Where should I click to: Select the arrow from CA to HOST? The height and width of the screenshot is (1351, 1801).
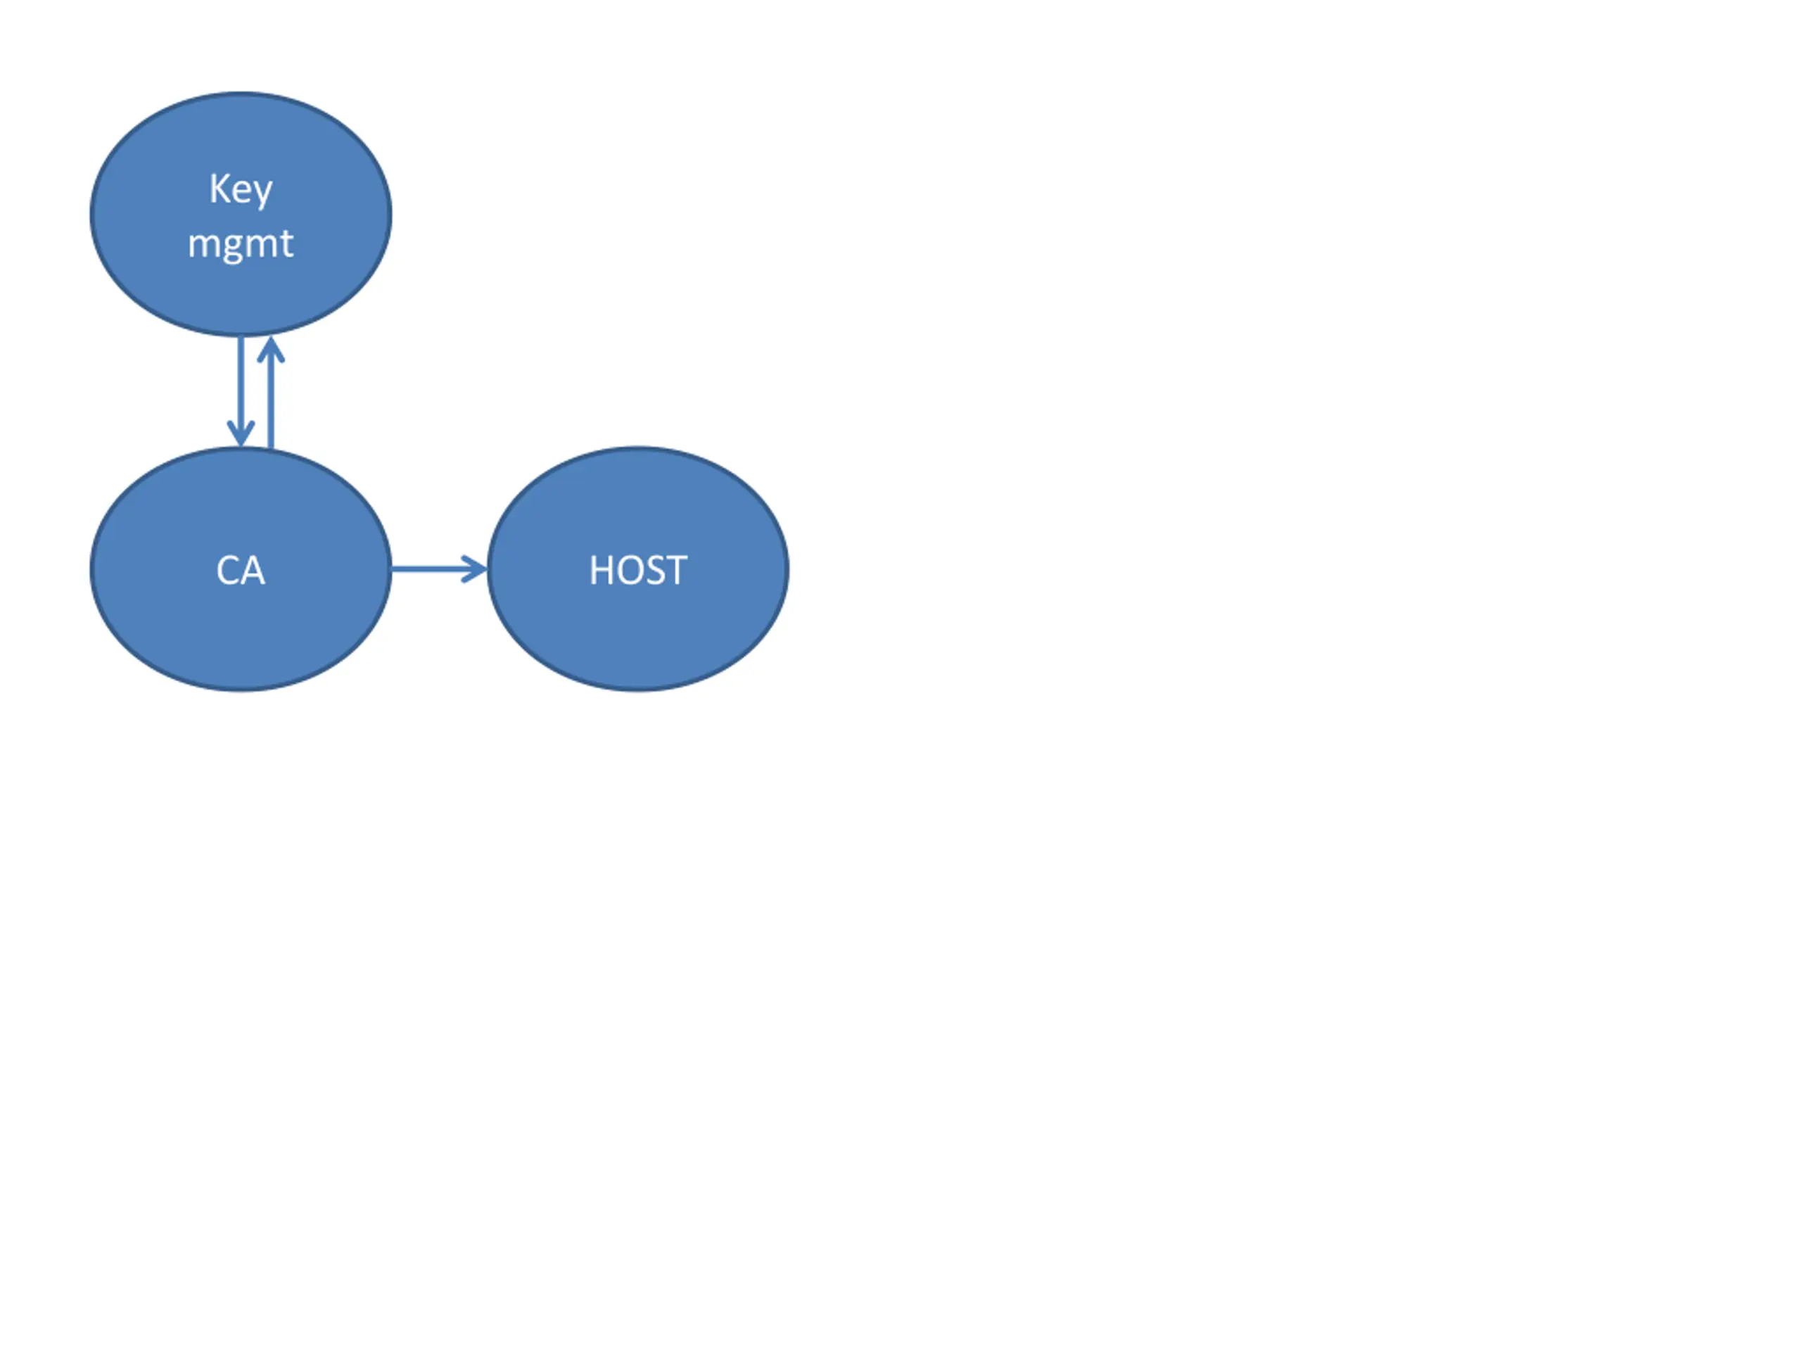click(x=431, y=569)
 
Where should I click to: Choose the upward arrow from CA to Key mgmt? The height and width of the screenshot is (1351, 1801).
click(x=270, y=399)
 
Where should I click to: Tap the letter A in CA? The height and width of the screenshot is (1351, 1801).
click(x=253, y=570)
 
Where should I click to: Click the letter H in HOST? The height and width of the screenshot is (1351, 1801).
click(x=601, y=570)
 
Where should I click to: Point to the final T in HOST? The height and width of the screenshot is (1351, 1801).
click(x=676, y=570)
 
